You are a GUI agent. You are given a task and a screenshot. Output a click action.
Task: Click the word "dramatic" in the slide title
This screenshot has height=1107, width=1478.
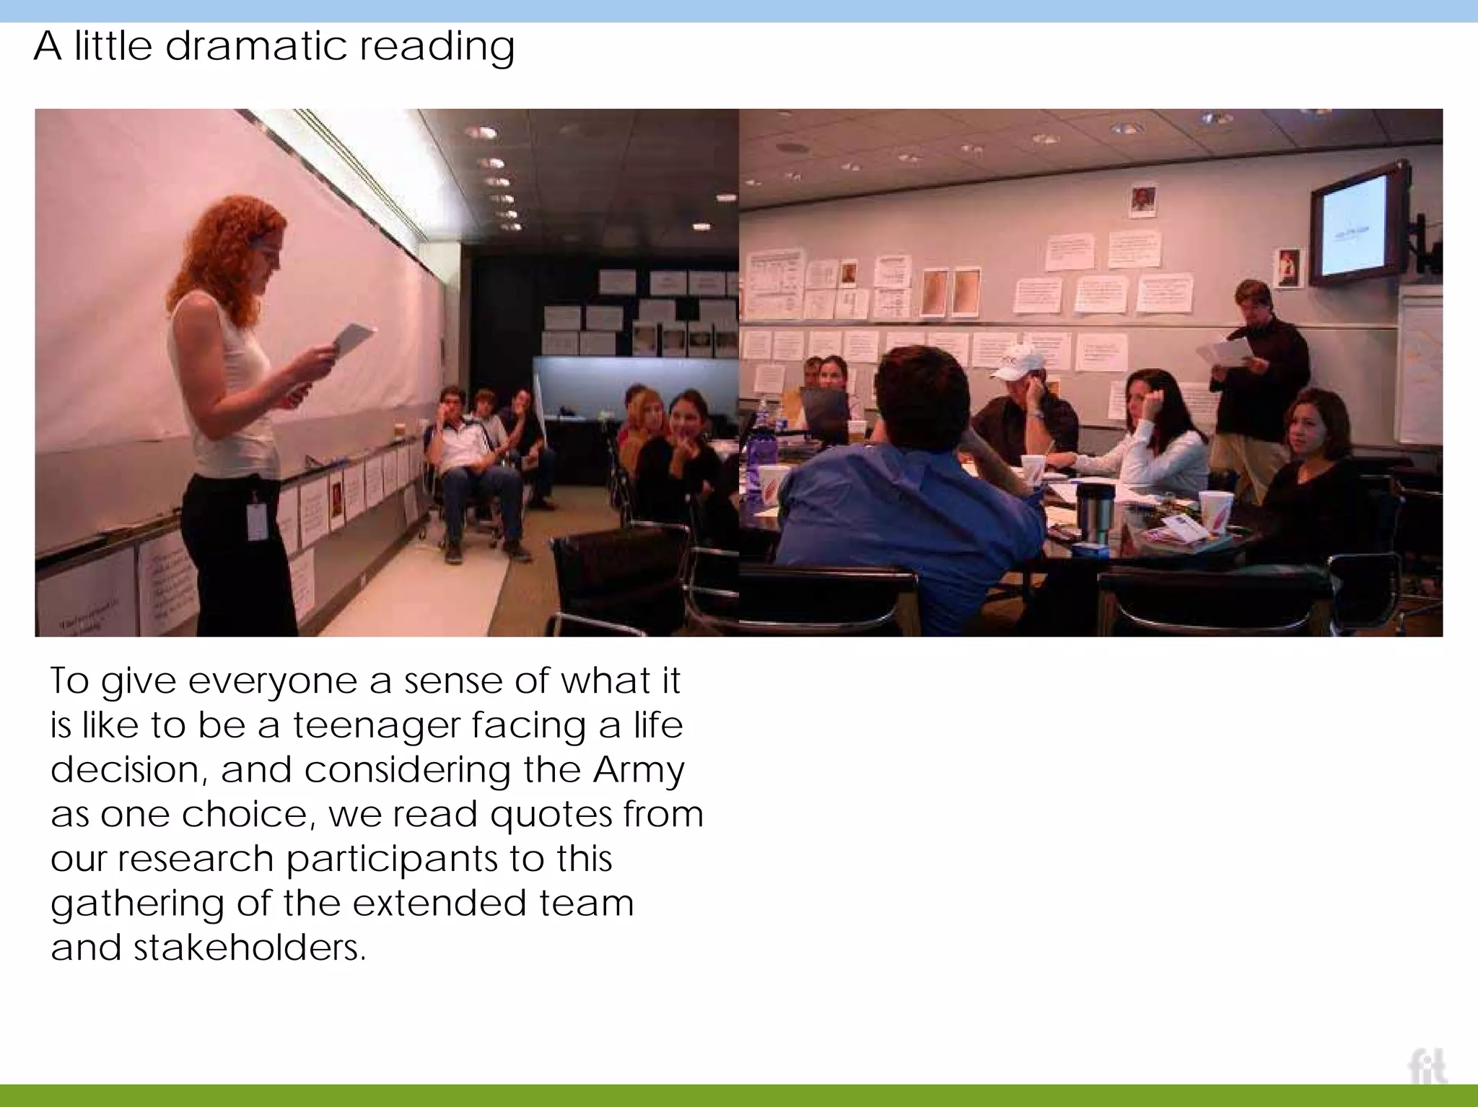tap(256, 46)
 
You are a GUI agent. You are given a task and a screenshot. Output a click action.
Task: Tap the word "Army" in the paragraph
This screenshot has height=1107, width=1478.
tap(638, 769)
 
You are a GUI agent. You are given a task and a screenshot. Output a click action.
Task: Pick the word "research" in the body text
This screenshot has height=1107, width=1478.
tap(196, 859)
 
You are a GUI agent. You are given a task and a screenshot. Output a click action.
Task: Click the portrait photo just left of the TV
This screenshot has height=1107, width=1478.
tap(1288, 267)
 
